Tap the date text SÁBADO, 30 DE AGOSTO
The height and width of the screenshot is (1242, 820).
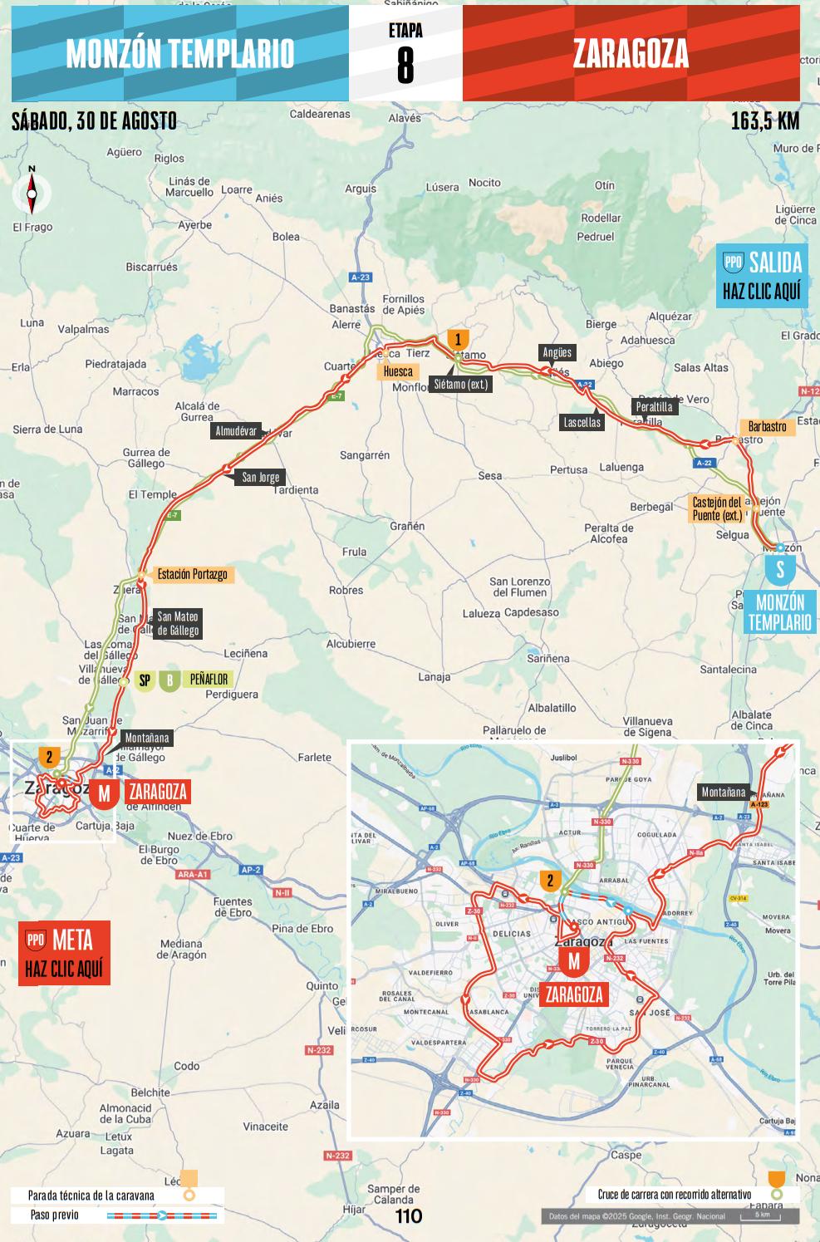[94, 121]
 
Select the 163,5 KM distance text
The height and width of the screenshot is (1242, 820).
[764, 121]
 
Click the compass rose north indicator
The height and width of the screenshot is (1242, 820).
[32, 194]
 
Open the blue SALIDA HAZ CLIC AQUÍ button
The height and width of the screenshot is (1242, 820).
[762, 276]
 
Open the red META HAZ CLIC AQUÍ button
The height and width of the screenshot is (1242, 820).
[64, 953]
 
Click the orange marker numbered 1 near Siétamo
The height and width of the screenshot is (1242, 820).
[458, 339]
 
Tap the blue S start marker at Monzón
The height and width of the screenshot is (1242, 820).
[780, 570]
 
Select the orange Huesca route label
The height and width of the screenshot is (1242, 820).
[398, 371]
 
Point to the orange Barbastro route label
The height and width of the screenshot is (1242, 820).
[767, 427]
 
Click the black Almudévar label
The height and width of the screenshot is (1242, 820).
[236, 431]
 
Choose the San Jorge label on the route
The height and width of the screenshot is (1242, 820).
[260, 477]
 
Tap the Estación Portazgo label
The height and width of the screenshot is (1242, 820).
[192, 574]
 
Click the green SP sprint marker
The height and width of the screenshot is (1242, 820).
[145, 680]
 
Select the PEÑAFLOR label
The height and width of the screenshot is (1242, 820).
[209, 680]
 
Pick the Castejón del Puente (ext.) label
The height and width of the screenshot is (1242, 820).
[716, 508]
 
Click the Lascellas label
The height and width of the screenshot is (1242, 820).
[582, 422]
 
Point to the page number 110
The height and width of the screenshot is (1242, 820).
[408, 1216]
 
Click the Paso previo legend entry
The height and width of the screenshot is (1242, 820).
[55, 1215]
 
